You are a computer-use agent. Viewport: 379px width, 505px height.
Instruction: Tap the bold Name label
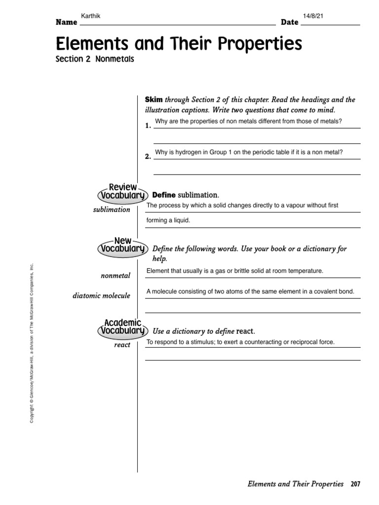pyautogui.click(x=66, y=23)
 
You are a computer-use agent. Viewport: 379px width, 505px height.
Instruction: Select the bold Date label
pyautogui.click(x=290, y=23)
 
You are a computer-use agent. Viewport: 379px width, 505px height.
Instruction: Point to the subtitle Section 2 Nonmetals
pyautogui.click(x=95, y=59)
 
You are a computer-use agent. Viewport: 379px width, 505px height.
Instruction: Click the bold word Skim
pyautogui.click(x=154, y=100)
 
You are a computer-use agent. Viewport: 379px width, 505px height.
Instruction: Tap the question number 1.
pyautogui.click(x=148, y=126)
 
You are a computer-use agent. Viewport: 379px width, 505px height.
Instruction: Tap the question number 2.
pyautogui.click(x=148, y=156)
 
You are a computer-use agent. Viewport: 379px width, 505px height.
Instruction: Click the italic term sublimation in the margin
pyautogui.click(x=112, y=210)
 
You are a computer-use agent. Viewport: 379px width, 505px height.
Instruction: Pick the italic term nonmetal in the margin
pyautogui.click(x=115, y=276)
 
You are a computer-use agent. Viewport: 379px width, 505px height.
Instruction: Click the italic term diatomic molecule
pyautogui.click(x=101, y=296)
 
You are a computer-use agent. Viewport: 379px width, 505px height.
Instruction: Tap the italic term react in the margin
pyautogui.click(x=122, y=345)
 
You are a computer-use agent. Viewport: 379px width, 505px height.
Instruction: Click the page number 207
pyautogui.click(x=355, y=484)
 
